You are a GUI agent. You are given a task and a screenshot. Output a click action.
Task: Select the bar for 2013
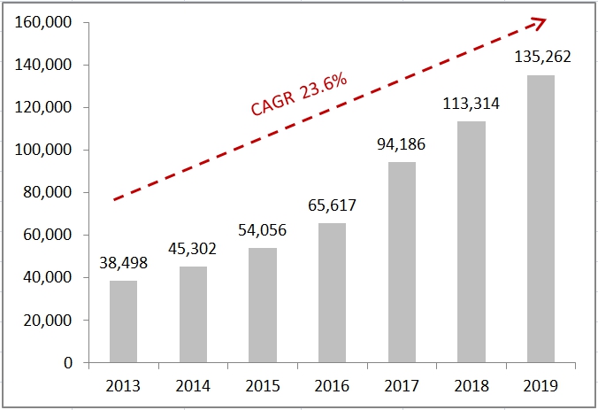click(123, 321)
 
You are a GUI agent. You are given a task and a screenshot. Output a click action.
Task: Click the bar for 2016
click(332, 293)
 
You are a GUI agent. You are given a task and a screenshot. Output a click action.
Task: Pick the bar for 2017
click(402, 262)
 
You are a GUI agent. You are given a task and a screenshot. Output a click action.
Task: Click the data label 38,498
click(123, 263)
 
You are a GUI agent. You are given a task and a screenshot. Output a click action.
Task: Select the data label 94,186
click(402, 144)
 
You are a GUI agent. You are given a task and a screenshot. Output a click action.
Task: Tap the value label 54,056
click(262, 229)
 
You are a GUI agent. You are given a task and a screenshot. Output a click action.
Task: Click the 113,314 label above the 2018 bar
click(471, 104)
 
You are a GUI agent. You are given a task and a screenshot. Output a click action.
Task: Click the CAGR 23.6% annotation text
click(298, 93)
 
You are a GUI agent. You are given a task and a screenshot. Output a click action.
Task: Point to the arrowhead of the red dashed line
click(538, 22)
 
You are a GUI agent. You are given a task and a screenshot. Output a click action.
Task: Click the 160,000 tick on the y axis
click(43, 23)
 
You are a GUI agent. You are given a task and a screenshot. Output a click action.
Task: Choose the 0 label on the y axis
click(66, 363)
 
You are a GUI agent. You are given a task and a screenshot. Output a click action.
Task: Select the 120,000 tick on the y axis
click(43, 108)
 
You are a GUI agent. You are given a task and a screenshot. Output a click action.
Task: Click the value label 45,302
click(193, 249)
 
